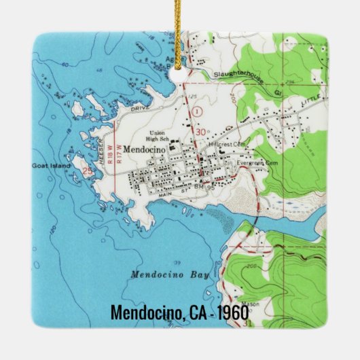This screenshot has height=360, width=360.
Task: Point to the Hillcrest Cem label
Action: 228,145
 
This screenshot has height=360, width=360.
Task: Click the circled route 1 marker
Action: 196,110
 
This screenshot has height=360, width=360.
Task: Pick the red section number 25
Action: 87,171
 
